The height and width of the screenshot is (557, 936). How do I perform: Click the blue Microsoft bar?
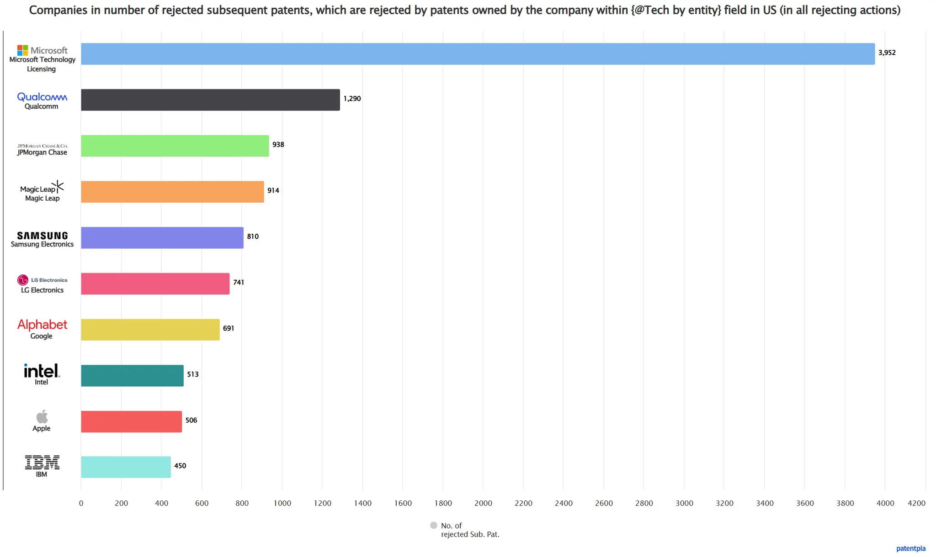pyautogui.click(x=478, y=54)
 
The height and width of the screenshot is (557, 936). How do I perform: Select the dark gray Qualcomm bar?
pyautogui.click(x=210, y=100)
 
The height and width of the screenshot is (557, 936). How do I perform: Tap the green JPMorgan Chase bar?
pyautogui.click(x=175, y=146)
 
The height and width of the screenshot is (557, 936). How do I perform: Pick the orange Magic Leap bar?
pyautogui.click(x=172, y=192)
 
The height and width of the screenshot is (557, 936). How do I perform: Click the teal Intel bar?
pyautogui.click(x=132, y=375)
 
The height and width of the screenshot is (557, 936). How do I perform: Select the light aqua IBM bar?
pyautogui.click(x=126, y=467)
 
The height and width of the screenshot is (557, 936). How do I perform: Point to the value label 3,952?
pyautogui.click(x=887, y=53)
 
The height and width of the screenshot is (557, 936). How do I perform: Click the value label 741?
pyautogui.click(x=239, y=282)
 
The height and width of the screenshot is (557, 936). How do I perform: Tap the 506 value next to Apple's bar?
pyautogui.click(x=191, y=420)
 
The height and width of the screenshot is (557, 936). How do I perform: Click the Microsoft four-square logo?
pyautogui.click(x=22, y=50)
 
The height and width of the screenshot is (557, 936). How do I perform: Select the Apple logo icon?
pyautogui.click(x=42, y=416)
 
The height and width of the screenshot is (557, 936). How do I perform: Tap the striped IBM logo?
pyautogui.click(x=42, y=462)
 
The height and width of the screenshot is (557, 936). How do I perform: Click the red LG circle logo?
pyautogui.click(x=22, y=280)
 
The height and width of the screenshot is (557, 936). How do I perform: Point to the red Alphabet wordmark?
pyautogui.click(x=42, y=325)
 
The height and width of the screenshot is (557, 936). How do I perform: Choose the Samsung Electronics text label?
pyautogui.click(x=42, y=244)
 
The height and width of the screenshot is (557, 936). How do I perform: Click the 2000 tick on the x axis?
pyautogui.click(x=483, y=503)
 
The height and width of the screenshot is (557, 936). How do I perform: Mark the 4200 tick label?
pyautogui.click(x=916, y=503)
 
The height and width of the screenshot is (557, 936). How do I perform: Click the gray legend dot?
pyautogui.click(x=434, y=525)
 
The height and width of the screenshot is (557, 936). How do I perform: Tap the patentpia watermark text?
pyautogui.click(x=910, y=548)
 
